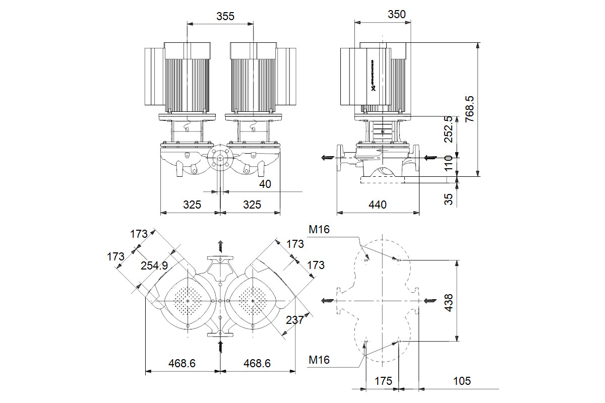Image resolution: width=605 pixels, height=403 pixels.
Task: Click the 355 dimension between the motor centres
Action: [x=225, y=16]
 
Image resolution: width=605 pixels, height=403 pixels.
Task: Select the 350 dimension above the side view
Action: [x=397, y=15]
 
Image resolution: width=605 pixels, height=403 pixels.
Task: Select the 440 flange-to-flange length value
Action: [x=378, y=205]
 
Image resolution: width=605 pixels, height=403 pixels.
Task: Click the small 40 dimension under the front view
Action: [x=265, y=184]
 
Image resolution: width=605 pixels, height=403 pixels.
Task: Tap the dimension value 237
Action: [x=294, y=320]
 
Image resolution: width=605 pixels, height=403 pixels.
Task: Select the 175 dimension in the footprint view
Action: [x=383, y=381]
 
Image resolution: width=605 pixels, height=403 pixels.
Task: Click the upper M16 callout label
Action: [x=319, y=230]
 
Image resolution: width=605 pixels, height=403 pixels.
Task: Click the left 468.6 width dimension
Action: [x=182, y=363]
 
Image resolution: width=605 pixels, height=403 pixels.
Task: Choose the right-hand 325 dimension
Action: [x=252, y=205]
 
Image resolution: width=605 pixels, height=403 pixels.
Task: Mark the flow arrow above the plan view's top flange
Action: [x=220, y=246]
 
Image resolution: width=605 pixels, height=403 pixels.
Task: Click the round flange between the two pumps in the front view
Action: [x=220, y=158]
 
